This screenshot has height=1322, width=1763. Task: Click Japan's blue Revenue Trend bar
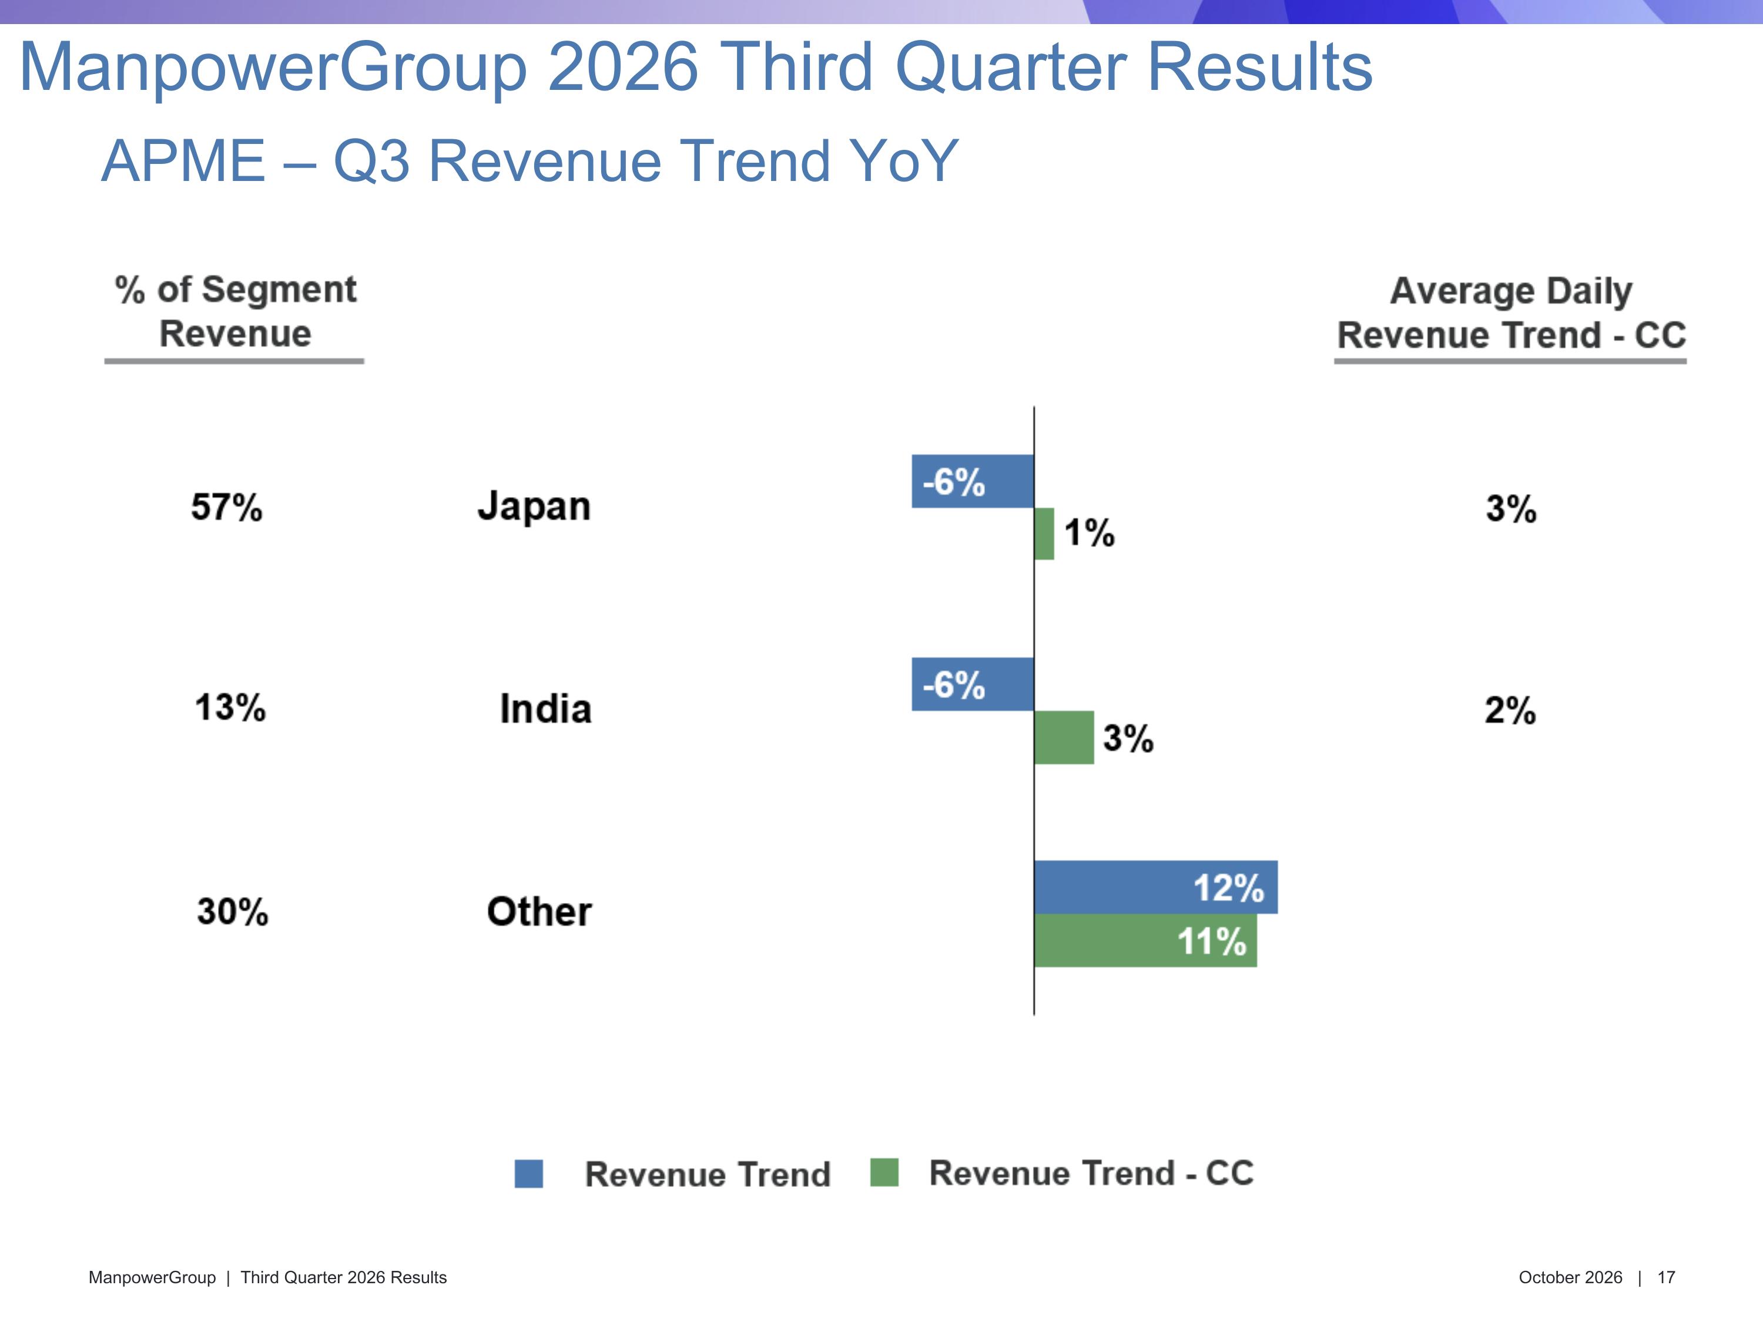coord(973,481)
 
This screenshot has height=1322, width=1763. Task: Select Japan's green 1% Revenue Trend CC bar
coord(1044,534)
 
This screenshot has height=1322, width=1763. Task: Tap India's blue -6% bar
coord(973,685)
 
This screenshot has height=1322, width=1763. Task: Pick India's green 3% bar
coord(1064,737)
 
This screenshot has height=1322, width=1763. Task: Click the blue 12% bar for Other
coord(1156,887)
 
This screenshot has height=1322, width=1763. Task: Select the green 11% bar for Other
coord(1145,940)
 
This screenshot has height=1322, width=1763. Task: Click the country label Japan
coord(534,508)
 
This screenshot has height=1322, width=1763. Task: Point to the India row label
coord(546,709)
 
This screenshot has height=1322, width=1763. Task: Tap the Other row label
coord(539,912)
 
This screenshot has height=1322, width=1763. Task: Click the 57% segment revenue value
coord(226,508)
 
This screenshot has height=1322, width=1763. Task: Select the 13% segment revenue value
coord(230,707)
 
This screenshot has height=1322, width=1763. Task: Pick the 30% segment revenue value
coord(233,912)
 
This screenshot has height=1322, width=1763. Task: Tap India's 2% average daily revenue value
coord(1510,710)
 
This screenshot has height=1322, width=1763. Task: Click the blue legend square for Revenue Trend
coord(528,1174)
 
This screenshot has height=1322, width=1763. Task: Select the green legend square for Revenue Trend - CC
coord(884,1172)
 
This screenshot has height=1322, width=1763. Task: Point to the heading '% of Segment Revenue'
coord(235,311)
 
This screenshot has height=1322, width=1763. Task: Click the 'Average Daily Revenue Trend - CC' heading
coord(1511,313)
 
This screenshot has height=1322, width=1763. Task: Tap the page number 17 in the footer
coord(1666,1277)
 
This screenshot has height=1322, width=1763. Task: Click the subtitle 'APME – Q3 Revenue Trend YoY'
coord(530,161)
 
